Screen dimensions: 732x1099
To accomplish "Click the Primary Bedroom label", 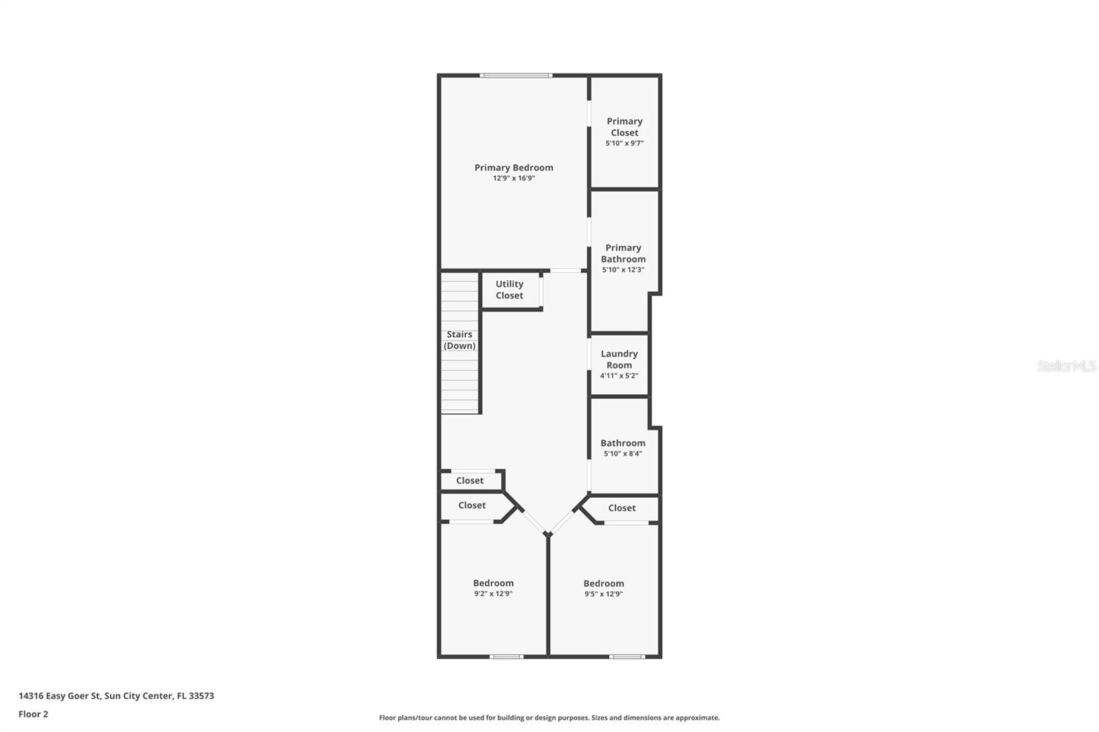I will coord(514,168).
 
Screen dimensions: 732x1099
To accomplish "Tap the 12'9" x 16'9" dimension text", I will coord(514,179).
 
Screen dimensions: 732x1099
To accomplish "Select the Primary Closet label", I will coord(624,127).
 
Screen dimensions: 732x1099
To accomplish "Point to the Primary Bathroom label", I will coord(623,253).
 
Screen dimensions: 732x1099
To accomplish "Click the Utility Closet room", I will coord(510,290).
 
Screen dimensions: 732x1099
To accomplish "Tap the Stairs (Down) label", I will coord(460,340).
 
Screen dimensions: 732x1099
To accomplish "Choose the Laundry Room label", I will coord(619,359).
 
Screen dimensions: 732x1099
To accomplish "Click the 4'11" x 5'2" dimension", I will coord(619,376).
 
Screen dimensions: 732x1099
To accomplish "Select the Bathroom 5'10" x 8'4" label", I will coord(623,443).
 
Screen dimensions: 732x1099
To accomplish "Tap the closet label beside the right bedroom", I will coord(622,508).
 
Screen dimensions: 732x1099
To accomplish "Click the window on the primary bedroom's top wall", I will coord(516,76).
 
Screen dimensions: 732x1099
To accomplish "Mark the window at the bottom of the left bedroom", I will coord(506,656).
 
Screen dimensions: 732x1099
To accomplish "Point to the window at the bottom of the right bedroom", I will coord(626,656).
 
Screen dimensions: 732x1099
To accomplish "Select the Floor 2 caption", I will coord(33,714).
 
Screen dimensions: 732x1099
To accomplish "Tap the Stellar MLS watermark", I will coord(1066,366).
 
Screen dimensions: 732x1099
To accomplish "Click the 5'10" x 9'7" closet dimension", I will coord(624,144).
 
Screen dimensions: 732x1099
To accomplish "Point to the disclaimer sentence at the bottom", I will coord(549,718).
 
